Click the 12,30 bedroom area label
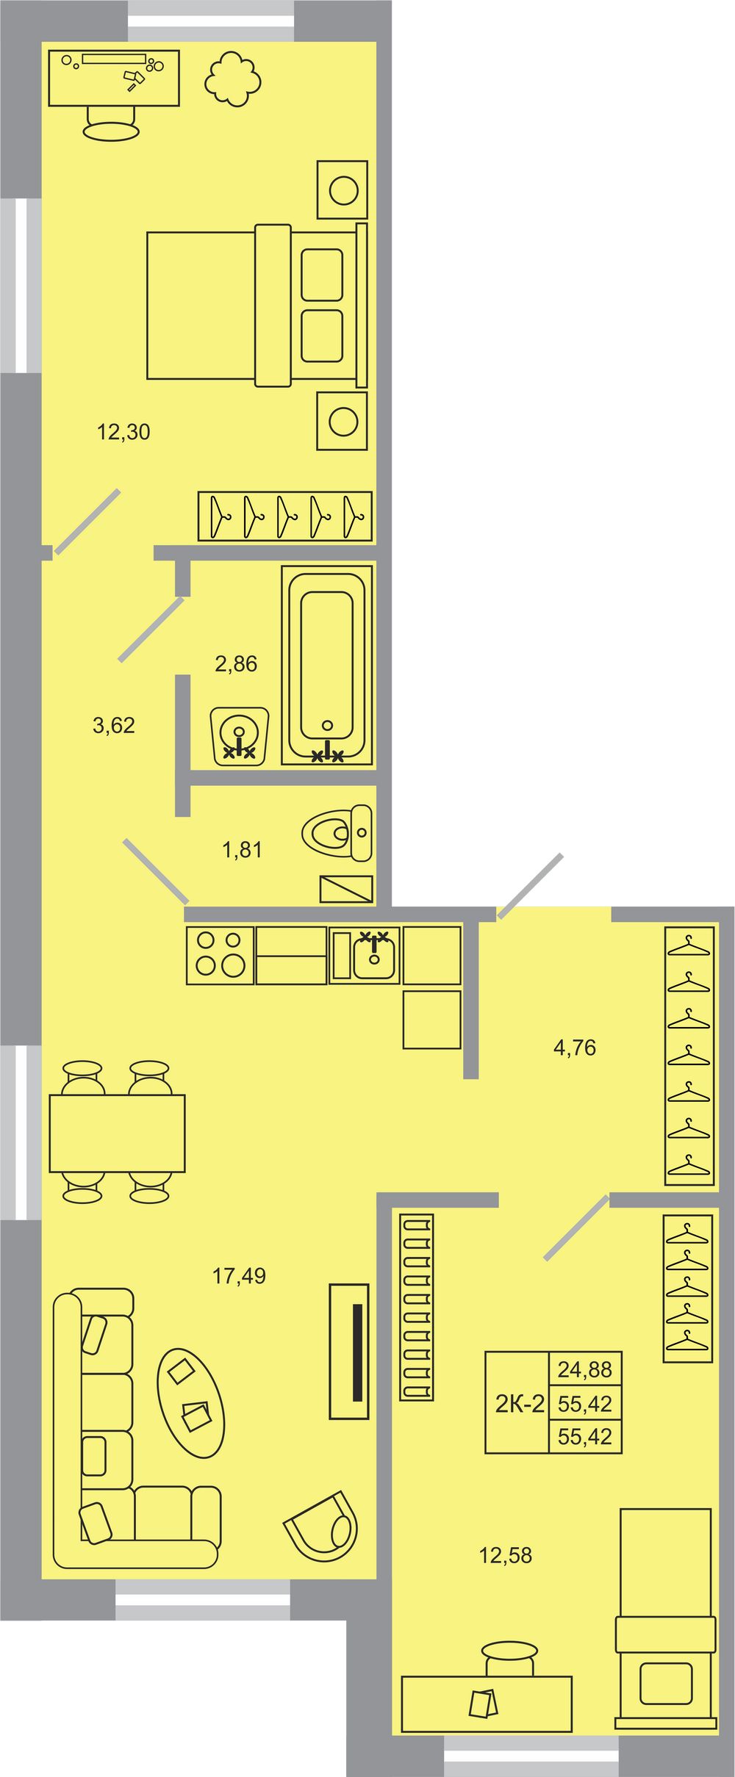123,432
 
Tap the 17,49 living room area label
239,1276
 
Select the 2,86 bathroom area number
236,664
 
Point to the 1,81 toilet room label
242,850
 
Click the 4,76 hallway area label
575,1048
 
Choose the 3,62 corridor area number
114,726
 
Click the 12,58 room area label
506,1555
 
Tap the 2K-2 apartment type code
520,1404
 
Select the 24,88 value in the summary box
585,1369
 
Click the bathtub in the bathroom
327,665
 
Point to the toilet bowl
337,833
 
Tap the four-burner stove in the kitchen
220,955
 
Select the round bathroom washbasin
240,737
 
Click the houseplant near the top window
232,79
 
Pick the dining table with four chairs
117,1132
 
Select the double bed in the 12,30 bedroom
257,306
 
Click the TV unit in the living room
349,1352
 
